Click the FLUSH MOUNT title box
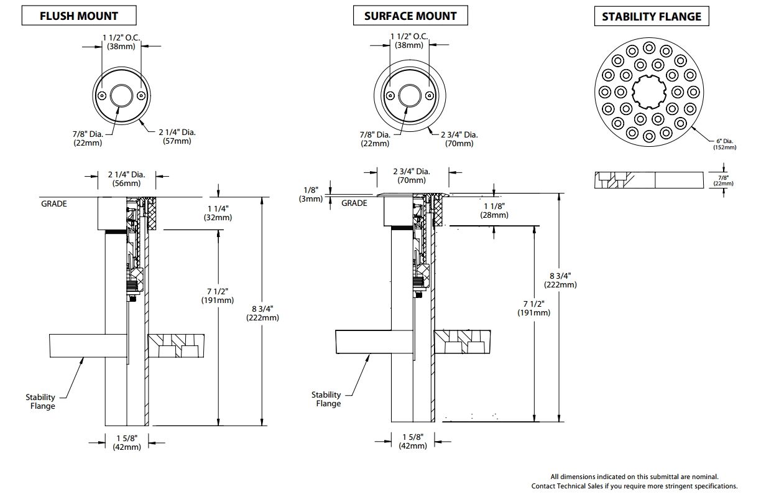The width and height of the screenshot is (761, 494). point(79,16)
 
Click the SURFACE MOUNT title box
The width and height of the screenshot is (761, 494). point(410,16)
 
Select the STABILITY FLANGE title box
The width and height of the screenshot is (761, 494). point(652,17)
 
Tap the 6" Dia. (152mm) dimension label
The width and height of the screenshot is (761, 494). point(724,144)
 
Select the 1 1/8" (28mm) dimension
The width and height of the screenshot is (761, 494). point(494,210)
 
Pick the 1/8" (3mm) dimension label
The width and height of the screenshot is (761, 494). point(310,194)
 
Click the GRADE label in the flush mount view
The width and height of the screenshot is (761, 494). point(54,203)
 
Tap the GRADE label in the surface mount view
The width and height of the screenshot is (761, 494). point(354,203)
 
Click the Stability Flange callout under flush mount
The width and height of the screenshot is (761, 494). point(40,401)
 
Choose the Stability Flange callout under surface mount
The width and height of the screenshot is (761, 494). point(327,399)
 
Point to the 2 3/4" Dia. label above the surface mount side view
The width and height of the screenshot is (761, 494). point(411,175)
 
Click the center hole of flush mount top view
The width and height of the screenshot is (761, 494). point(121,96)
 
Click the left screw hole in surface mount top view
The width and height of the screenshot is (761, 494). point(390,96)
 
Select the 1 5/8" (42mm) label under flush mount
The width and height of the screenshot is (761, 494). point(127,442)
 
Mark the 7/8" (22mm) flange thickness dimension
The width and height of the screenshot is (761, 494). point(724,180)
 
